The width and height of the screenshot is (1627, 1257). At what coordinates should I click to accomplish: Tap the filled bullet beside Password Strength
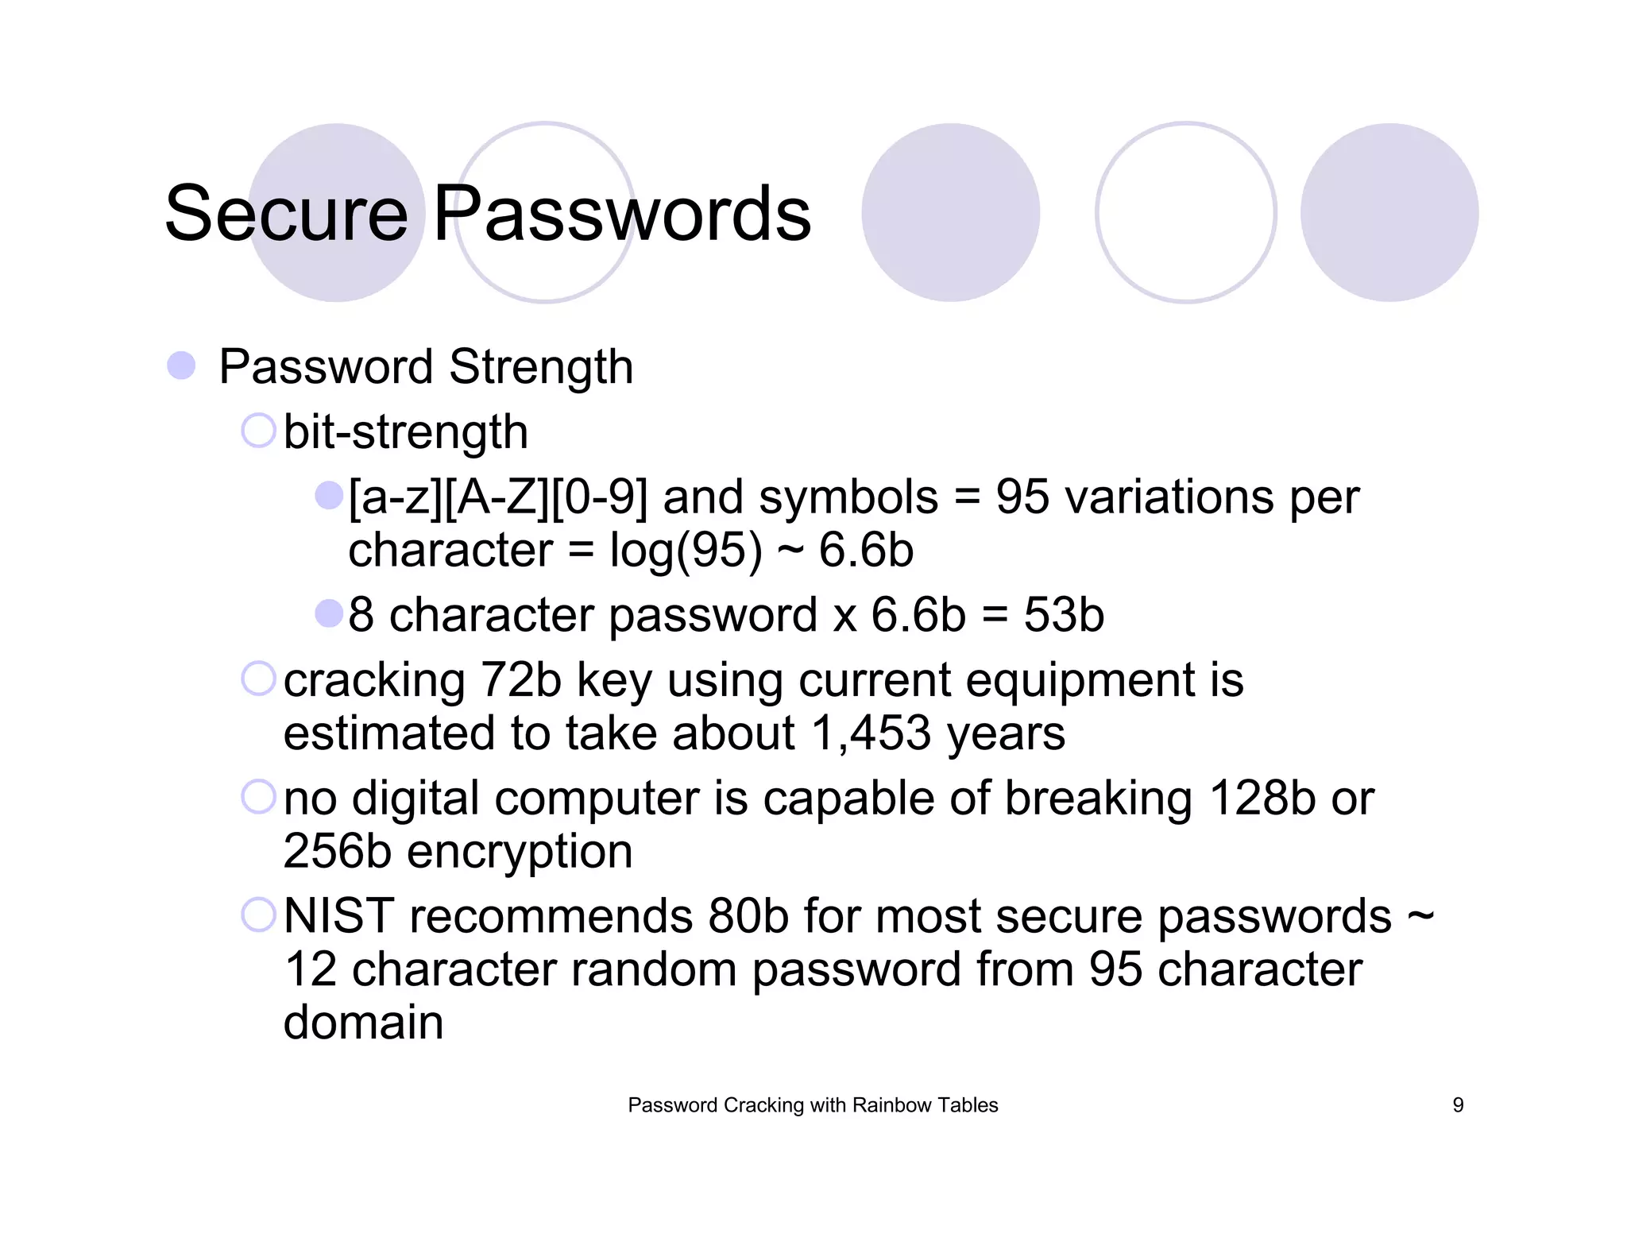pyautogui.click(x=181, y=365)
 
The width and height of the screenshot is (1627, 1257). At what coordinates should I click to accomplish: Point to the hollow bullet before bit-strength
pyautogui.click(x=258, y=431)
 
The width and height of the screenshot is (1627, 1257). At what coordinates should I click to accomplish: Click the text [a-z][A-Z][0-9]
pyautogui.click(x=498, y=497)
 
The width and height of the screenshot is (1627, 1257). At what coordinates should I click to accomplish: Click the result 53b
pyautogui.click(x=1064, y=615)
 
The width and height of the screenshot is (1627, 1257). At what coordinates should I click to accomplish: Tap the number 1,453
pyautogui.click(x=871, y=733)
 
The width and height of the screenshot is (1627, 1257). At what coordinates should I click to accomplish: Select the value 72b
pyautogui.click(x=521, y=680)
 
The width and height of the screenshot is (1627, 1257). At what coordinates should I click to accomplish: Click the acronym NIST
pyautogui.click(x=339, y=916)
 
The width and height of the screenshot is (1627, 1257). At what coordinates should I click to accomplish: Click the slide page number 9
pyautogui.click(x=1458, y=1105)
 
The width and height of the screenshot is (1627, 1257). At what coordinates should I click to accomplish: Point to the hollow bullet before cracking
pyautogui.click(x=258, y=679)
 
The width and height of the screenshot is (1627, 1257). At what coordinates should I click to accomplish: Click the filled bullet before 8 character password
pyautogui.click(x=328, y=613)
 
